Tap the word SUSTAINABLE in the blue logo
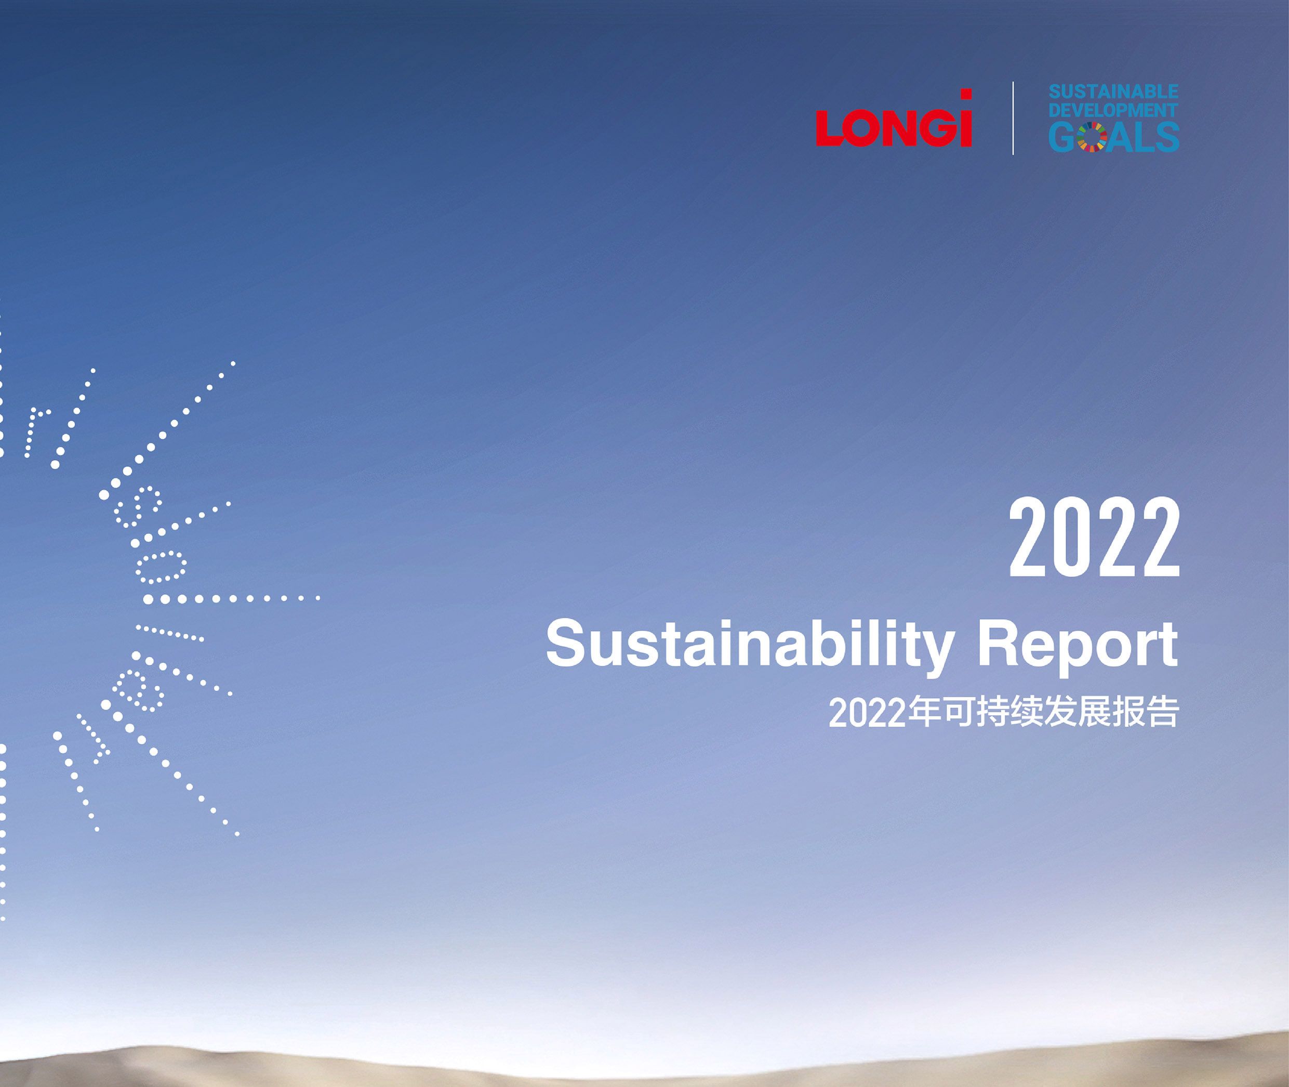(1113, 92)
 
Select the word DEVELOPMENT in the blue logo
(1113, 110)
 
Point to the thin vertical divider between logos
(1013, 117)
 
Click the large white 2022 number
(1094, 538)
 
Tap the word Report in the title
(1078, 645)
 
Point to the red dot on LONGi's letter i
(967, 94)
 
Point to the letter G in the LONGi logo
(940, 128)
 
